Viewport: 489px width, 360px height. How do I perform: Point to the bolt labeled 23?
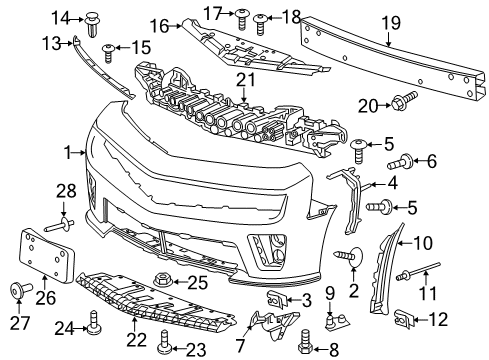(163, 346)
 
